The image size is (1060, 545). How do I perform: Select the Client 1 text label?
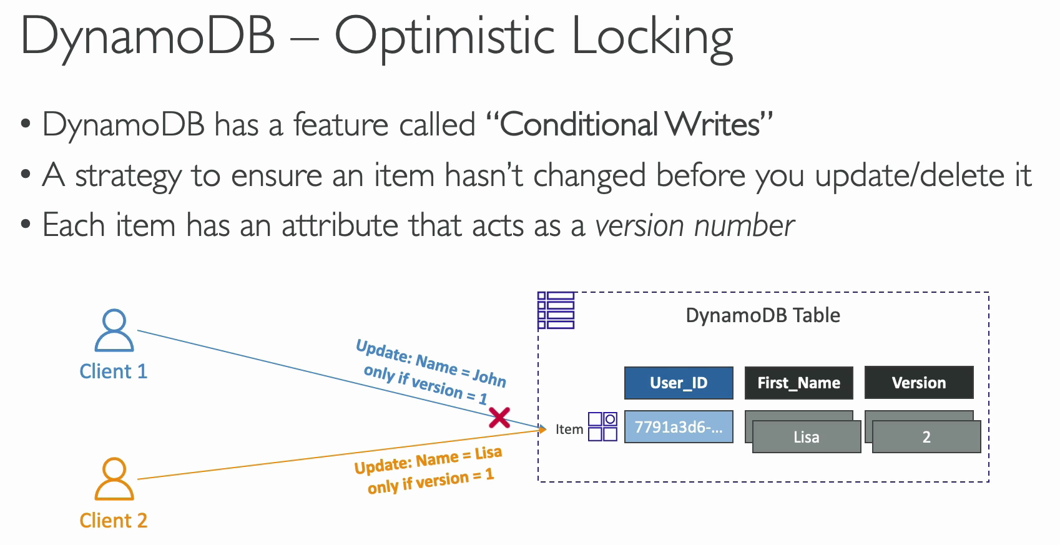114,371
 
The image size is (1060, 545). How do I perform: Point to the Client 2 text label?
114,521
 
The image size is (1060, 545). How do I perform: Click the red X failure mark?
499,418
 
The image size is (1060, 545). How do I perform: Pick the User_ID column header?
679,383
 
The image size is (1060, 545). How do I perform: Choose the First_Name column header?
799,383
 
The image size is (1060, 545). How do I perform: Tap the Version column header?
919,383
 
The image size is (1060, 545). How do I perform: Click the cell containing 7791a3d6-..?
679,427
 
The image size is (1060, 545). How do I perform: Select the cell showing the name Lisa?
807,436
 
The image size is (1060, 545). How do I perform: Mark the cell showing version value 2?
926,436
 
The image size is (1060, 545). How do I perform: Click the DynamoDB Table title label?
763,315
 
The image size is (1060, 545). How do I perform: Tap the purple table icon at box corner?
556,310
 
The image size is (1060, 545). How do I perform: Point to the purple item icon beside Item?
602,427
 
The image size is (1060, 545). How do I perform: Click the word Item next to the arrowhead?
569,429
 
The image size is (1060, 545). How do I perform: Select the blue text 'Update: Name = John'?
431,363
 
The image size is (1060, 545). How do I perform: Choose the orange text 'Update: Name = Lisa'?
428,460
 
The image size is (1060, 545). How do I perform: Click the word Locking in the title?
653,38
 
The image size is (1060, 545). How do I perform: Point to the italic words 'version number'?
695,225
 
